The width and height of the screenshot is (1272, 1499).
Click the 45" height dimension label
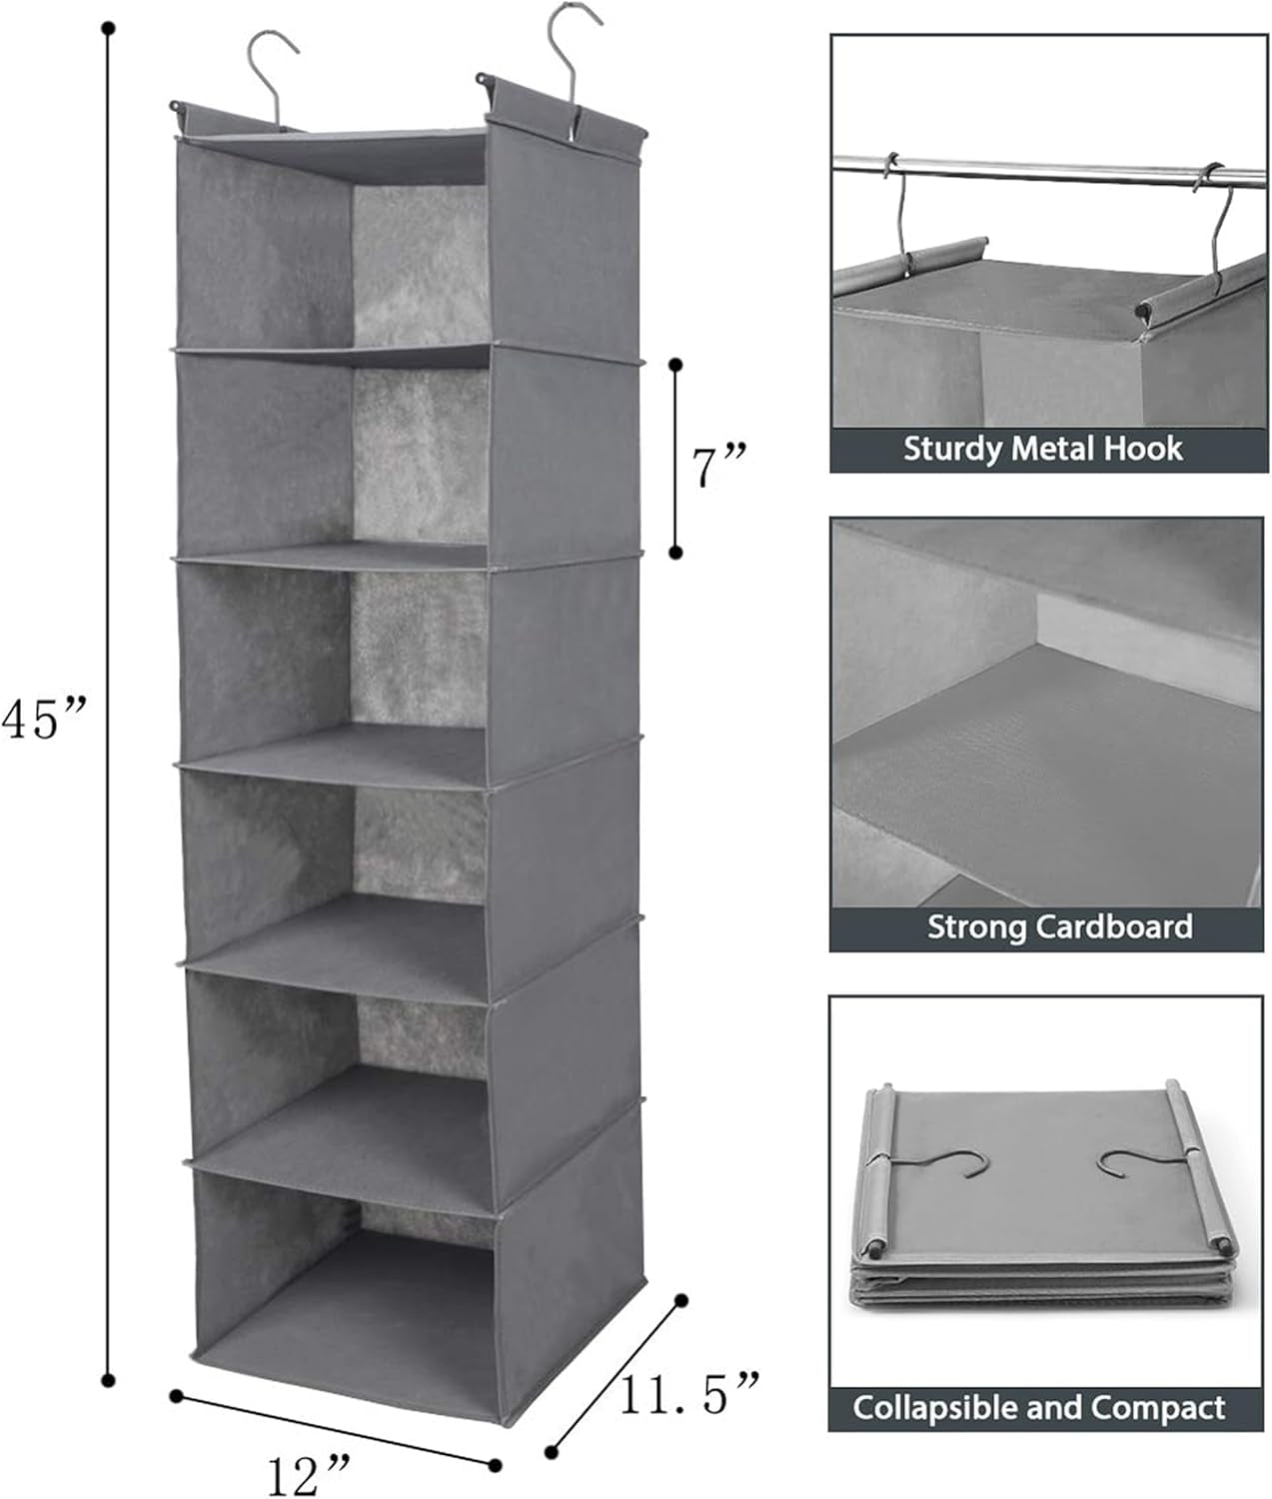(x=45, y=719)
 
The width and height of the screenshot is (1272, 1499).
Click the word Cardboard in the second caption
(x=1113, y=926)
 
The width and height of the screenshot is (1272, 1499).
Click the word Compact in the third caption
(x=1157, y=1408)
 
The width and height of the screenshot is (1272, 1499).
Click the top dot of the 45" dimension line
(x=108, y=29)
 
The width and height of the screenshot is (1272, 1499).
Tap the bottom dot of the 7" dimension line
(x=676, y=552)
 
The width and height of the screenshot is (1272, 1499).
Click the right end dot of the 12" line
(x=495, y=1466)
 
